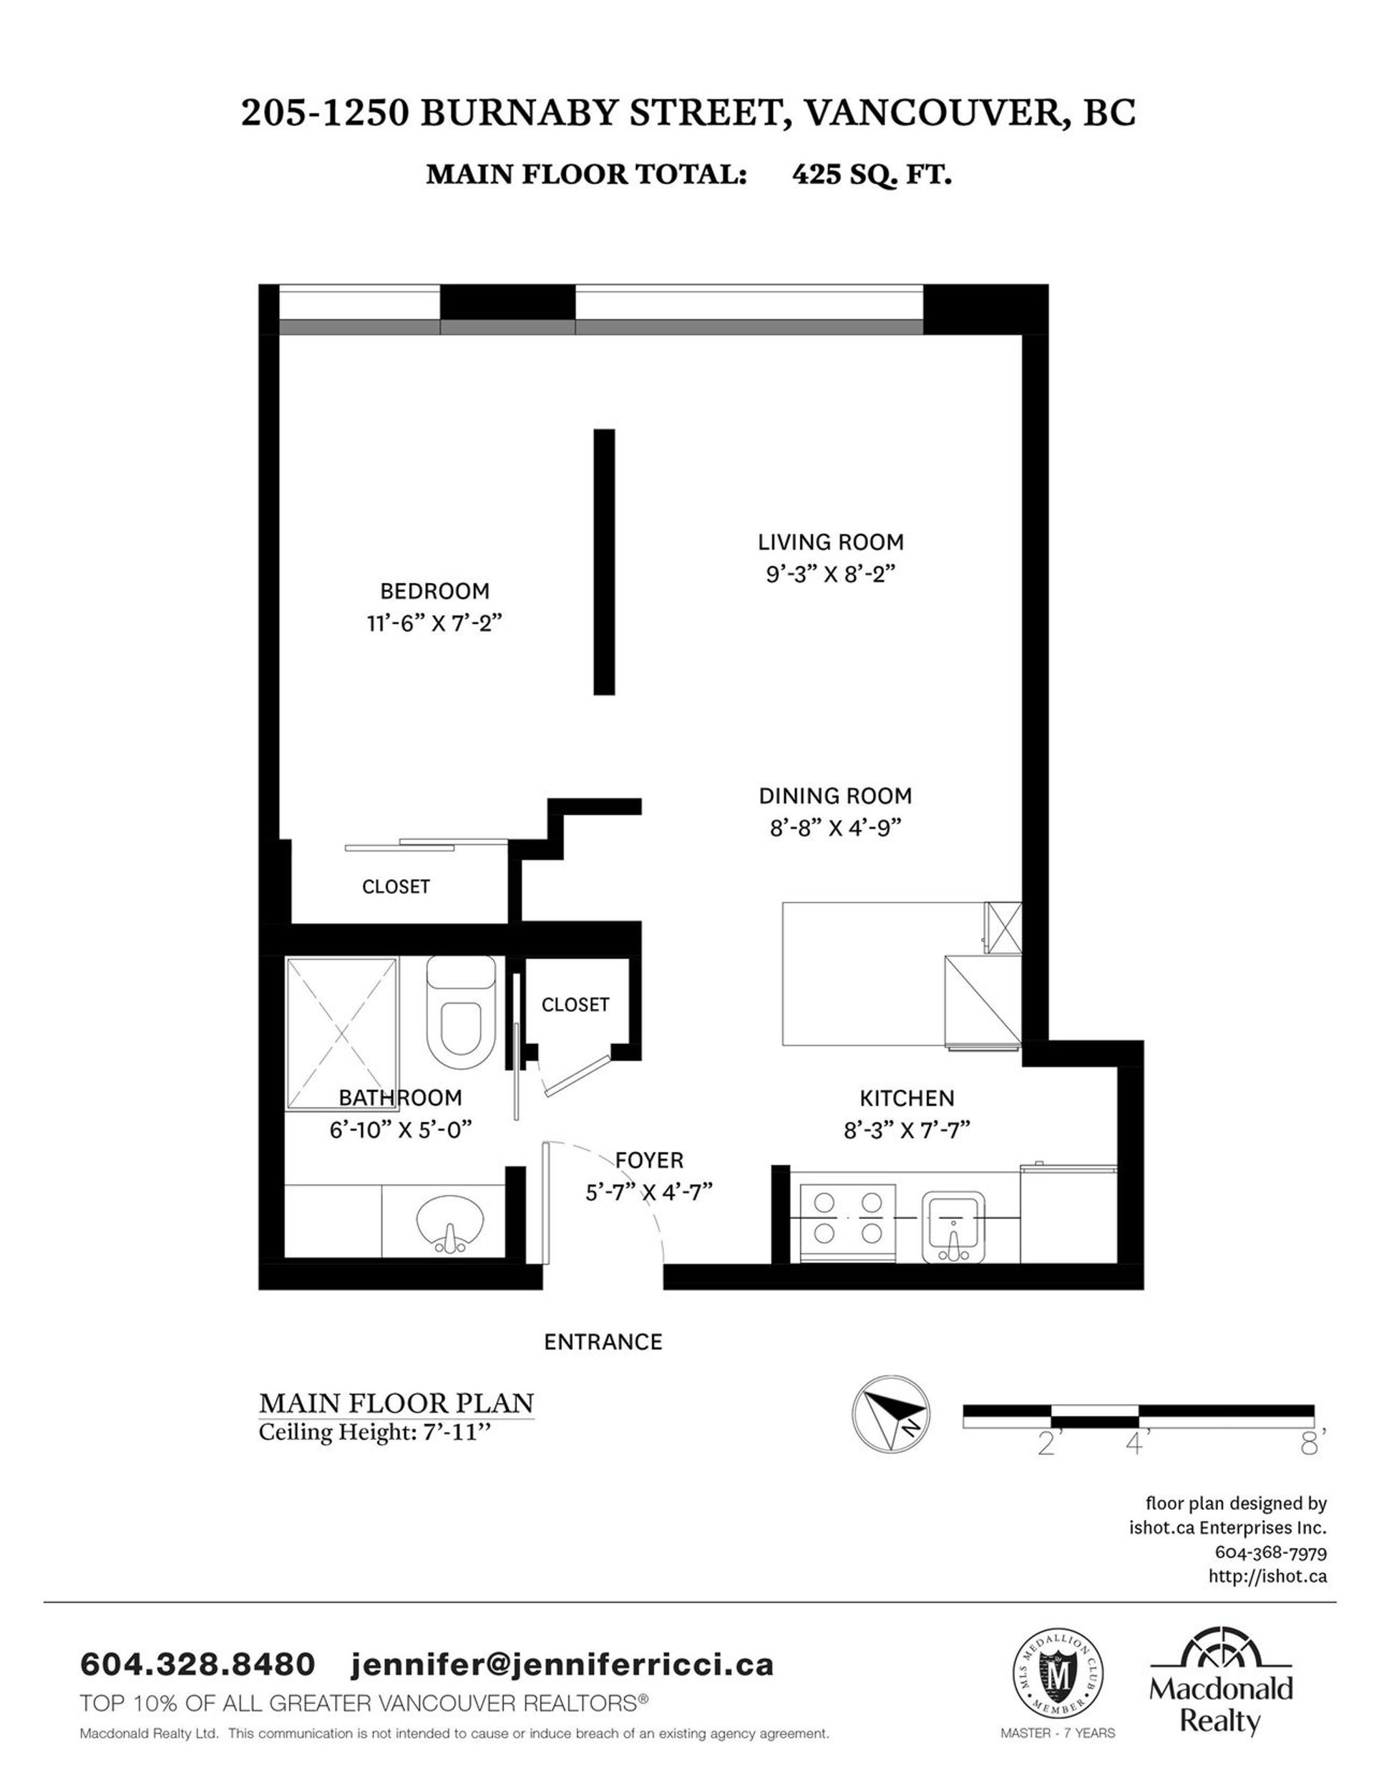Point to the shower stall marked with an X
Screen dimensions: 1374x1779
tap(341, 1033)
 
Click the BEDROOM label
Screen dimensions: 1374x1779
tap(435, 590)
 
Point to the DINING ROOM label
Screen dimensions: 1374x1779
tap(835, 796)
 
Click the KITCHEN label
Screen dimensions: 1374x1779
tap(907, 1098)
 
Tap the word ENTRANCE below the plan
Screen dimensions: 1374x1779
tap(603, 1342)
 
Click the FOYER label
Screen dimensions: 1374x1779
tap(649, 1159)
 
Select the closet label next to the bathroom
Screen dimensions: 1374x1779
tap(575, 1004)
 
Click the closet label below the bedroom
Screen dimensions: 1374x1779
tap(396, 886)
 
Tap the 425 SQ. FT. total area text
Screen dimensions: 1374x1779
tap(872, 175)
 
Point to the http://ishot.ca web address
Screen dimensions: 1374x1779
tap(1267, 1576)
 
